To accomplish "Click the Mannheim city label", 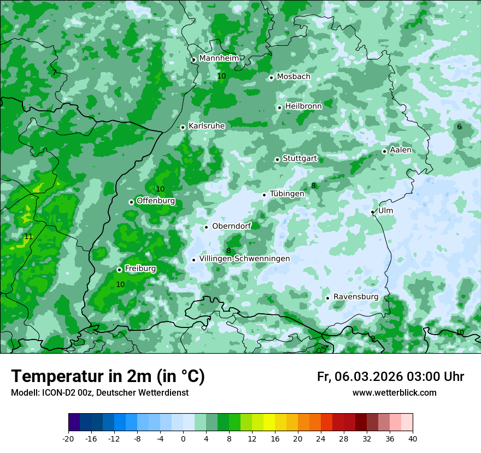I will click(x=219, y=58).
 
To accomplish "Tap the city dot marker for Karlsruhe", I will click(x=183, y=127).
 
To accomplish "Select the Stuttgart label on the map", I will click(x=300, y=158).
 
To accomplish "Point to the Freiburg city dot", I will click(x=119, y=270).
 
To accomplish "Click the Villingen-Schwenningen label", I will click(x=244, y=259).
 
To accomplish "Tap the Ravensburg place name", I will click(x=356, y=297).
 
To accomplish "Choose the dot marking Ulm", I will click(x=373, y=212).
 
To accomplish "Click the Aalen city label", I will click(x=401, y=150).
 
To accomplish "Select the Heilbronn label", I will click(x=303, y=106).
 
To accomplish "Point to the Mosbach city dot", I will click(x=271, y=78).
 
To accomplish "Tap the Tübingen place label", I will click(x=287, y=194).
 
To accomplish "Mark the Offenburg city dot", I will click(x=131, y=202).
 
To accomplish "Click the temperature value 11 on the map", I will click(x=28, y=236).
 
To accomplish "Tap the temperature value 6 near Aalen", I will click(x=459, y=127).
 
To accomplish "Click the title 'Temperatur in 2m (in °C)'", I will click(x=108, y=376).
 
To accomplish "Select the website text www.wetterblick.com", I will click(x=394, y=393).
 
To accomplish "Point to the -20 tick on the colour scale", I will click(x=68, y=438).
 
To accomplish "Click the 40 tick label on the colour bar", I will click(x=413, y=438).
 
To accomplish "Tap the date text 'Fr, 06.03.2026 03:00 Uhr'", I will click(x=390, y=377).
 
